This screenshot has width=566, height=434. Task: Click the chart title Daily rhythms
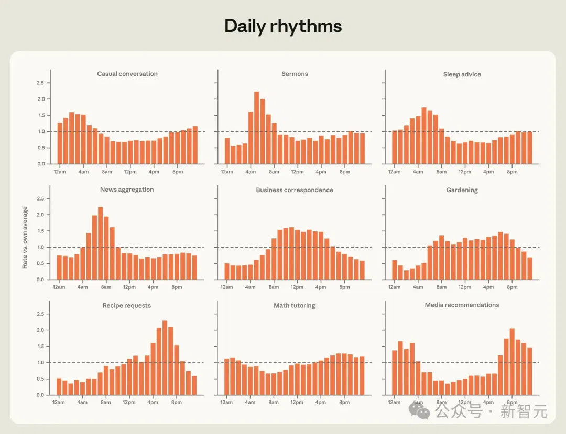click(x=283, y=26)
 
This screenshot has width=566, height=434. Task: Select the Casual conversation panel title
click(x=127, y=74)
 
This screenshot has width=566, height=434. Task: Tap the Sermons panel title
click(x=295, y=74)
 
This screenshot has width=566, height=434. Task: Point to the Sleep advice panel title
click(x=462, y=74)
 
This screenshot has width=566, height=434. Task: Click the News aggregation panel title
click(x=127, y=190)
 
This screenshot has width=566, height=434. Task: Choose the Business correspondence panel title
click(x=295, y=190)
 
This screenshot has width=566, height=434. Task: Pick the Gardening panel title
click(x=462, y=190)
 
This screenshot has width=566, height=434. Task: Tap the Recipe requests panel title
click(x=127, y=306)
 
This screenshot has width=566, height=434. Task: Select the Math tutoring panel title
click(x=295, y=306)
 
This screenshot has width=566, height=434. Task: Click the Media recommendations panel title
click(x=462, y=305)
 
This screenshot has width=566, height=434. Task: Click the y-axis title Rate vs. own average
click(x=25, y=238)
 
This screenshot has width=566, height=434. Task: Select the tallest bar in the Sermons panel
click(x=257, y=128)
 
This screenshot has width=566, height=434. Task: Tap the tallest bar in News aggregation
click(x=100, y=243)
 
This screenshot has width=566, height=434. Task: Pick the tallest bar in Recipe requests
click(x=165, y=358)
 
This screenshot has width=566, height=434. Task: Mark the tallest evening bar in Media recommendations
click(x=512, y=362)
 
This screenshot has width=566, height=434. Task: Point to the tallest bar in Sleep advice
click(x=424, y=136)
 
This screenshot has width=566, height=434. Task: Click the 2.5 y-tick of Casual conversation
click(x=40, y=83)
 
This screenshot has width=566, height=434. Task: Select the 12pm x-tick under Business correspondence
click(x=297, y=287)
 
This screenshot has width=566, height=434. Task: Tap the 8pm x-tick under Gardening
click(x=512, y=287)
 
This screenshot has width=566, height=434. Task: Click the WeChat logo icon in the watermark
click(x=419, y=411)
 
